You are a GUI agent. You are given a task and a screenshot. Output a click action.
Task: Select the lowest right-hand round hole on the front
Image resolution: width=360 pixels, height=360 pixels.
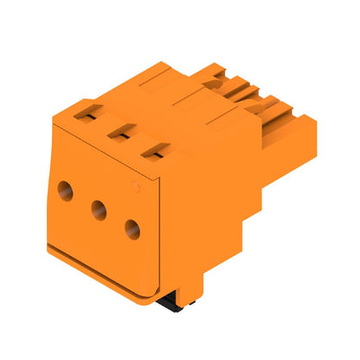pos(132,228)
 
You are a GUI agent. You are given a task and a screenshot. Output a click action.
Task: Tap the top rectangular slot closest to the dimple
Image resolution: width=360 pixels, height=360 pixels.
pos(152,152)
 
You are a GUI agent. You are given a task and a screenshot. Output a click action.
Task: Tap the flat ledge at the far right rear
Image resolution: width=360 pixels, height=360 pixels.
pos(299,130)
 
